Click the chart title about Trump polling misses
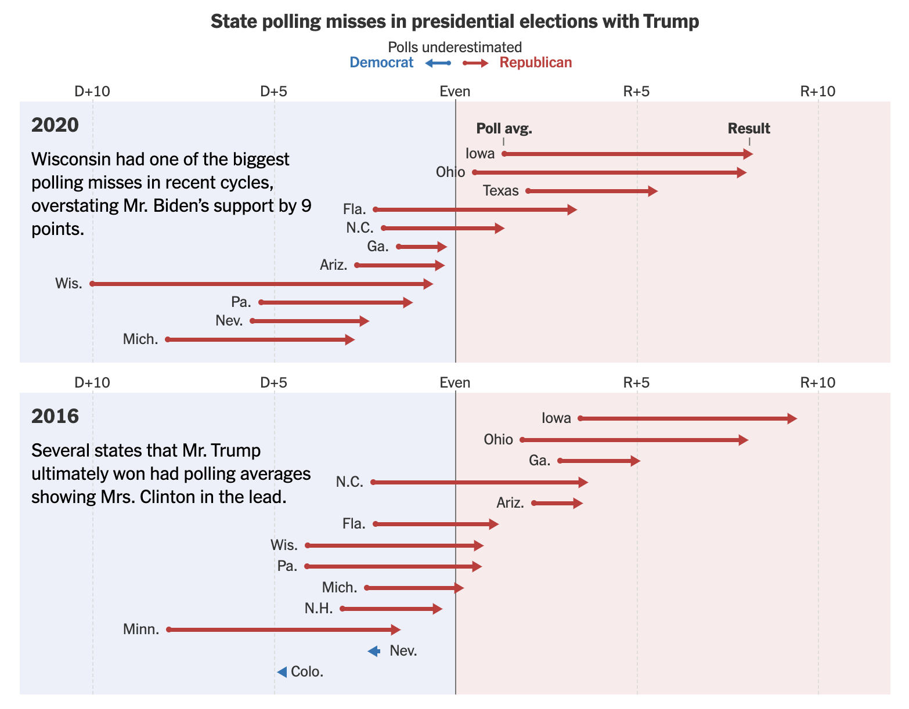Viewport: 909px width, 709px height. pos(454,21)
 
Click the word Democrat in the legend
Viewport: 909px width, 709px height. pos(381,63)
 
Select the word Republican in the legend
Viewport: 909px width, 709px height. pos(535,63)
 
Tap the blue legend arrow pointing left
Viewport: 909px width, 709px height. pos(437,63)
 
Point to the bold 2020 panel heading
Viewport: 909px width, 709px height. pos(55,125)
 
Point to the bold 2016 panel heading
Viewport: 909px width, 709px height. pos(55,417)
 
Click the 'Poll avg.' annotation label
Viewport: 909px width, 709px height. pos(504,129)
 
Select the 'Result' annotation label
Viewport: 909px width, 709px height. pos(749,129)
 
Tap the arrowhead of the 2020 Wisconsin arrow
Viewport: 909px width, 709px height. pos(429,284)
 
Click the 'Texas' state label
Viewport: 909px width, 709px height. pos(500,191)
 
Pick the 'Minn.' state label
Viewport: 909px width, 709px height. pos(141,630)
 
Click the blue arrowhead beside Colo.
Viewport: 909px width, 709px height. pos(282,672)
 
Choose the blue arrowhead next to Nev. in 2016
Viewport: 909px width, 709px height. pos(374,651)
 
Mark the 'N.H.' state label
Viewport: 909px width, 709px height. pos(319,609)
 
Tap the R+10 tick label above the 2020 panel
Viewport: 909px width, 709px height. pos(818,91)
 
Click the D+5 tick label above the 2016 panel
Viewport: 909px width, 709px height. pos(273,382)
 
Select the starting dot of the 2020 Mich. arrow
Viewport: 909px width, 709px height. pos(168,339)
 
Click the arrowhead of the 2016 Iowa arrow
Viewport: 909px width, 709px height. pos(793,419)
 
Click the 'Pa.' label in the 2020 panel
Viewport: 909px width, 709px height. pos(241,302)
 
